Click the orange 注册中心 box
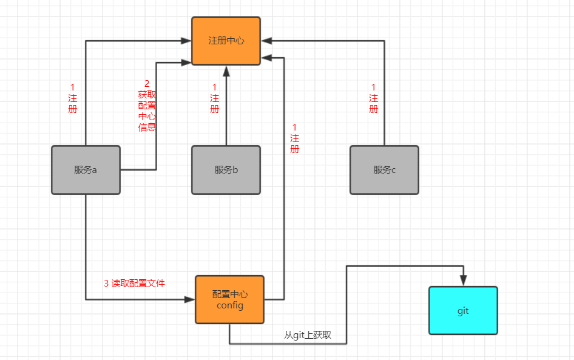tap(226, 41)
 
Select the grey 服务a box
tap(86, 170)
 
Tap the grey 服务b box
tap(226, 170)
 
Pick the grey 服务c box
tap(384, 170)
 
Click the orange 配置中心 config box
tap(230, 299)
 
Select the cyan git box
tap(463, 310)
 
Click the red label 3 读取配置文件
tap(134, 283)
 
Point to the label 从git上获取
tap(308, 335)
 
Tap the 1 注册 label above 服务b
tap(214, 98)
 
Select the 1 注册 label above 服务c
tap(373, 98)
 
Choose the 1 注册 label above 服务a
tap(73, 98)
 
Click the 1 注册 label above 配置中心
tap(294, 138)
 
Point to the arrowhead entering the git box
tap(463, 281)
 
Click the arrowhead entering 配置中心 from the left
tap(190, 299)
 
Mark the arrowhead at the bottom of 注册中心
tap(226, 70)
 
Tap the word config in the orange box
tap(230, 305)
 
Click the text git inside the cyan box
tap(463, 311)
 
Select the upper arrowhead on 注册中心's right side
tap(266, 41)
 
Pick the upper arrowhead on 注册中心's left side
tap(186, 41)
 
